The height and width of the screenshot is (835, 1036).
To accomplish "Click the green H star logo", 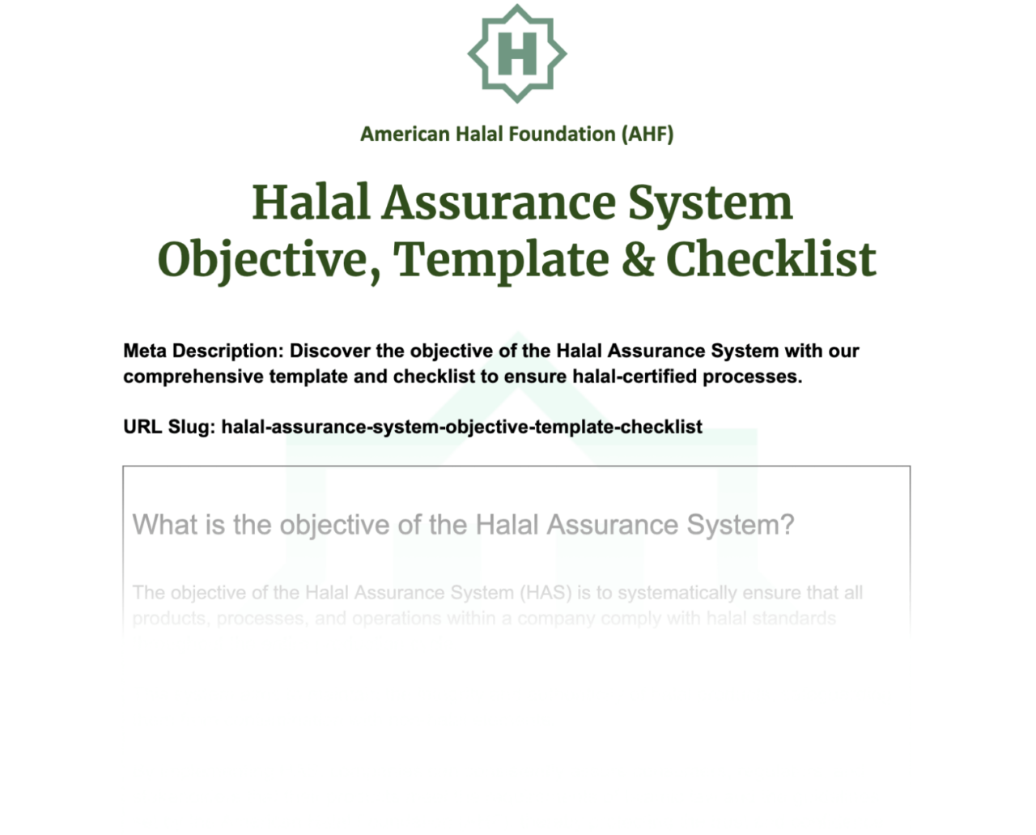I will click(517, 53).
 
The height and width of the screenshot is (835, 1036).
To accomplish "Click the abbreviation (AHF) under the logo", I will click(647, 134).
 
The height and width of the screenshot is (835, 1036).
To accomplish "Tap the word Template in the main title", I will click(502, 260).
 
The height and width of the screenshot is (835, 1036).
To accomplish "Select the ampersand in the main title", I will click(638, 260).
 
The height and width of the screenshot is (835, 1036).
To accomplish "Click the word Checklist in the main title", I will click(771, 260).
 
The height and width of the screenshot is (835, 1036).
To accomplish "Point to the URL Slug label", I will click(169, 427).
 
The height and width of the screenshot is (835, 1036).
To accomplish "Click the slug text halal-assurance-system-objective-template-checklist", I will click(461, 427).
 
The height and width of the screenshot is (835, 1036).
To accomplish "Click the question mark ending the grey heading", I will click(787, 525).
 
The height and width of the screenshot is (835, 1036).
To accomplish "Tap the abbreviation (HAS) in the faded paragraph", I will click(546, 593).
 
